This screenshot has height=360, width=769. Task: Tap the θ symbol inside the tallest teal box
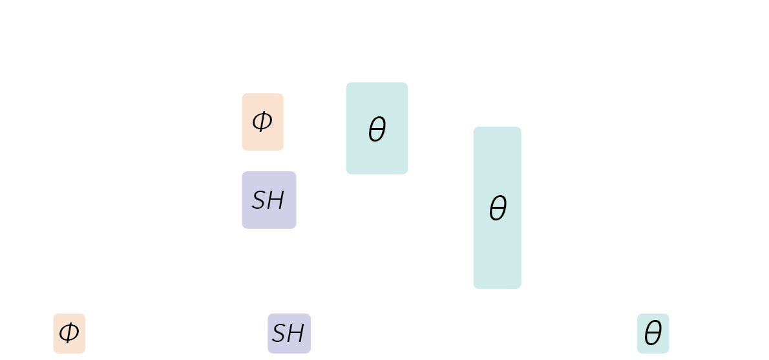click(498, 209)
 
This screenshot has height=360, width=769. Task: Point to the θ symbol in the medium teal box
click(377, 131)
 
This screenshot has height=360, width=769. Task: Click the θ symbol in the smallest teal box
click(653, 334)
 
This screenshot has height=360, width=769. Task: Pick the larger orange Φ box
click(262, 139)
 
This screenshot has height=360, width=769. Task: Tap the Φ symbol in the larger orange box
click(262, 121)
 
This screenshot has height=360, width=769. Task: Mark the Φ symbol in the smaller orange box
click(68, 334)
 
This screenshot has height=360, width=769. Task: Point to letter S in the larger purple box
click(259, 201)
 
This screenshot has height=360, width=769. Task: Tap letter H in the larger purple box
click(277, 201)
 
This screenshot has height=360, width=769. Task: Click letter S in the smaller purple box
click(279, 334)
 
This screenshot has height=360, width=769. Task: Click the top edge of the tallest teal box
click(497, 127)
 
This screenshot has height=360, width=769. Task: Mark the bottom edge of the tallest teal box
click(497, 288)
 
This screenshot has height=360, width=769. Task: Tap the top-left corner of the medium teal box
click(347, 83)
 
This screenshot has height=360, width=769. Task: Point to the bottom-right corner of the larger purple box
click(295, 228)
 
